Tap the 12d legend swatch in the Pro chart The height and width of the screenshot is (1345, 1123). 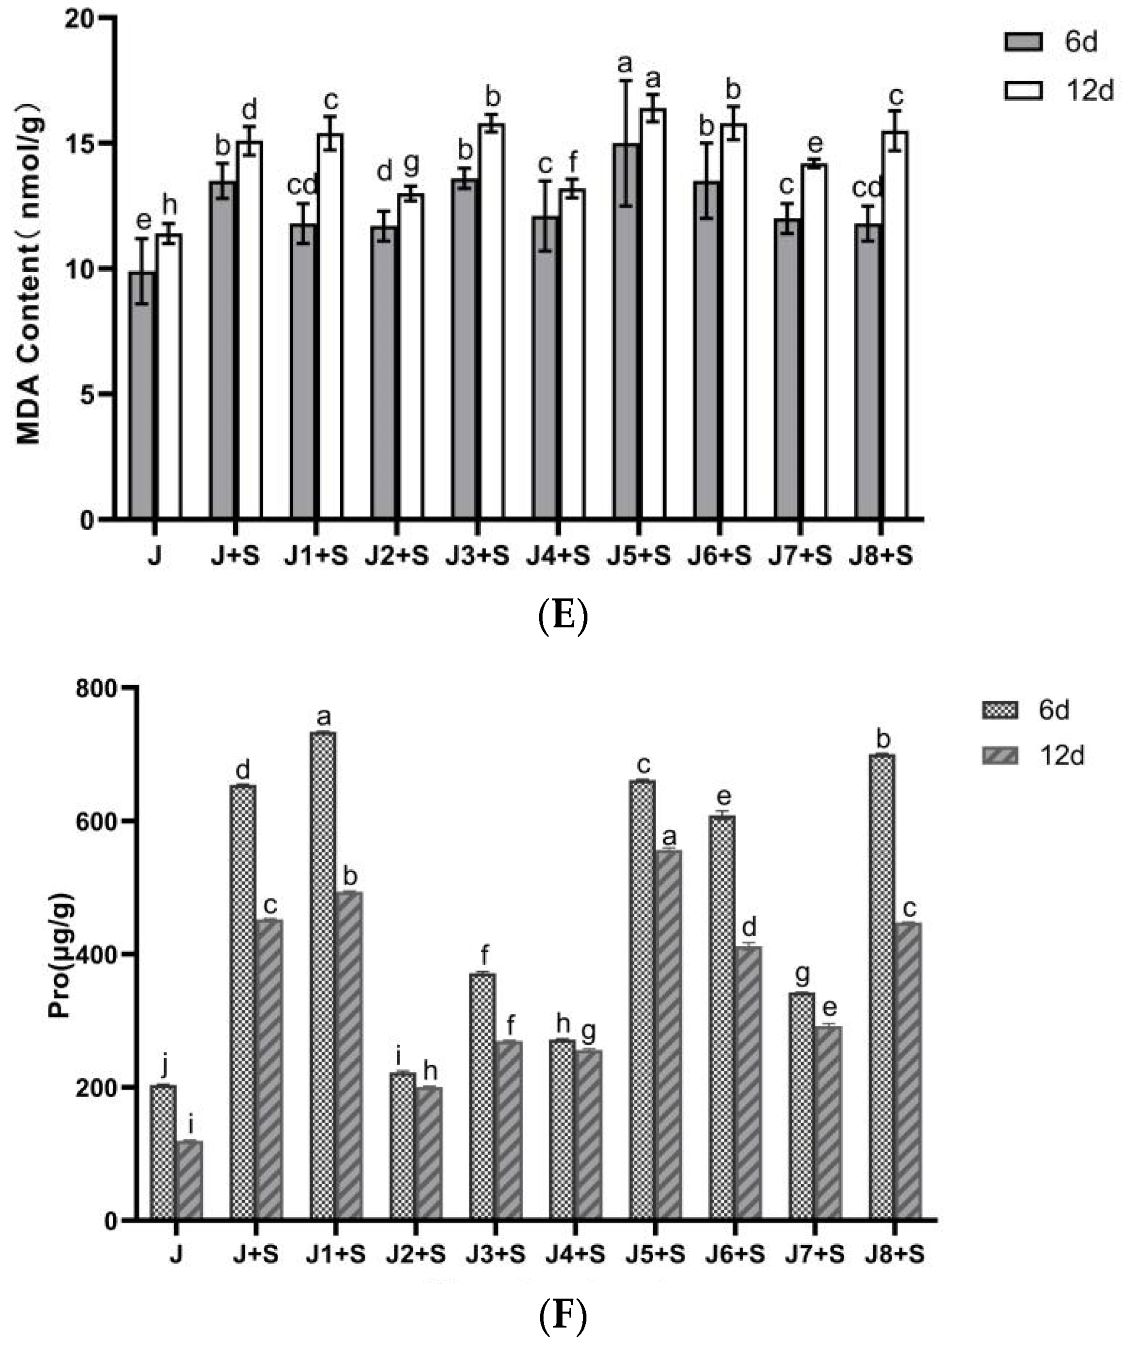999,757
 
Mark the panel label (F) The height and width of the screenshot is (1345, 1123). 561,1317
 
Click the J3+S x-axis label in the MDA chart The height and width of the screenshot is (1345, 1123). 478,556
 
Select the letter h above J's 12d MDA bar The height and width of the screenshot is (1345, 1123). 169,205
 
